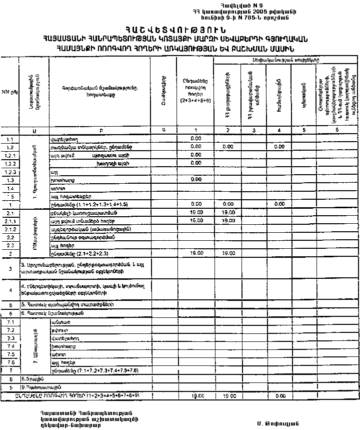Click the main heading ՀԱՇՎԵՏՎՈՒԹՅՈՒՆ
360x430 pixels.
tap(180, 30)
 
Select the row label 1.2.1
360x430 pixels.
tap(10, 155)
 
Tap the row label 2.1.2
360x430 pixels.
tap(10, 229)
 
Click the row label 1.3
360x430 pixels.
tap(10, 180)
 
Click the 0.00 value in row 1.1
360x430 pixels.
tap(195, 138)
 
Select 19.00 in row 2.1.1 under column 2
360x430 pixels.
tap(228, 220)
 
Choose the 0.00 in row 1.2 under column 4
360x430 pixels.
tap(279, 147)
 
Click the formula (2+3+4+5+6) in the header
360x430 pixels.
tap(195, 101)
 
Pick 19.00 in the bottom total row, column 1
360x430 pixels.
tap(195, 395)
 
